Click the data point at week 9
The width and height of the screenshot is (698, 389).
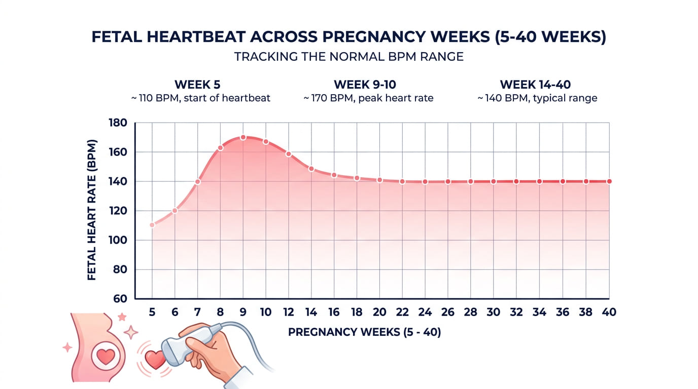pos(243,137)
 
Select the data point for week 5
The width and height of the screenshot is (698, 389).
pos(152,225)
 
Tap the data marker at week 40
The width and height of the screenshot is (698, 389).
pos(609,181)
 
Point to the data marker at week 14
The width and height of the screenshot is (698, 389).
pos(311,169)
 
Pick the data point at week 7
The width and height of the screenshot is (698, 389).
pos(197,182)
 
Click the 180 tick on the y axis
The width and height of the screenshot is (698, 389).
pos(118,123)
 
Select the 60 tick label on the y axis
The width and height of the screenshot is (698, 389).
pos(120,299)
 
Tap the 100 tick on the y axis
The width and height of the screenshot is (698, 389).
pos(118,240)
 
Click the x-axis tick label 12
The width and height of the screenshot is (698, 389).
pos(289,313)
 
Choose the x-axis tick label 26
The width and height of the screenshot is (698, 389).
pos(448,313)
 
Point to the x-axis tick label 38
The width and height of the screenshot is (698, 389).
pos(585,313)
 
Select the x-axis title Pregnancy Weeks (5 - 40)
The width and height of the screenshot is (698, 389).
pos(364,333)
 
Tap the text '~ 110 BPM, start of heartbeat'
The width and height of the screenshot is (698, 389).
pos(201,98)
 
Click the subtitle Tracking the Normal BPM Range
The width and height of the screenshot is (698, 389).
pos(348,57)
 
